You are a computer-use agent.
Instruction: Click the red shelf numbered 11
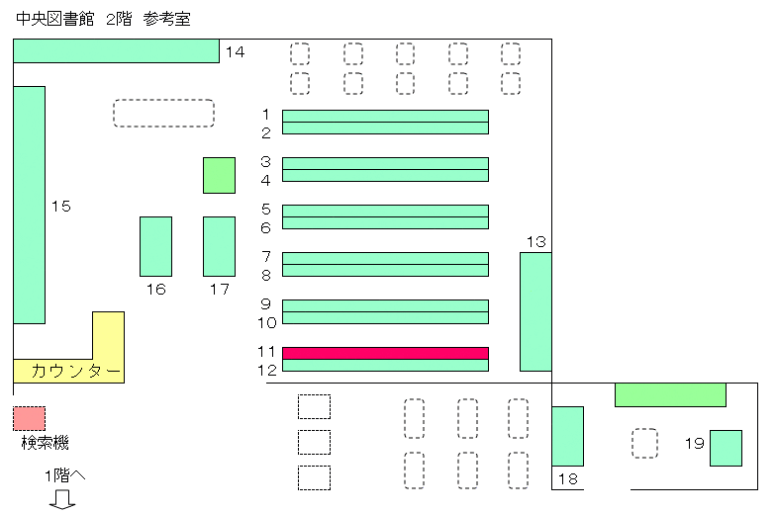click(x=385, y=353)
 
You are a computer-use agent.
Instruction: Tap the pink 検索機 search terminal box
click(x=30, y=418)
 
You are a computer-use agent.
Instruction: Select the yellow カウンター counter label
click(x=76, y=371)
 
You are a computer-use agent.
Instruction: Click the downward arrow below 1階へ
click(x=62, y=499)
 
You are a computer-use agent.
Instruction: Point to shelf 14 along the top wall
click(x=116, y=51)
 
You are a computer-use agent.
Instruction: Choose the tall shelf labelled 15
click(x=30, y=205)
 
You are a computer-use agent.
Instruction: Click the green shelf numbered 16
click(x=155, y=246)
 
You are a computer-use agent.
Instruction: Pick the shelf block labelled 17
click(x=219, y=246)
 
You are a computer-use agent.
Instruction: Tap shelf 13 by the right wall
click(x=535, y=311)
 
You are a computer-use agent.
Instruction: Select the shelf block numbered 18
click(x=567, y=436)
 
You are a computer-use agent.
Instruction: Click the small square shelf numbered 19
click(x=726, y=448)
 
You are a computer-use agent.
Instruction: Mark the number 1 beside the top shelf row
click(x=266, y=115)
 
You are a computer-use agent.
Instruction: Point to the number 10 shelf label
click(x=266, y=323)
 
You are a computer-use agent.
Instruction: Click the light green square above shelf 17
click(x=219, y=175)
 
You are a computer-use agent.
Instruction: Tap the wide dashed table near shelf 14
click(x=163, y=114)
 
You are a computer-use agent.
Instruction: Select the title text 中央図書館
click(x=55, y=19)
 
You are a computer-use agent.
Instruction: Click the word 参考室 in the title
click(x=166, y=19)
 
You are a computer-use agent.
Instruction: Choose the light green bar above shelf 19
click(x=670, y=394)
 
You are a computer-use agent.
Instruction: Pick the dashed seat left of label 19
click(x=644, y=443)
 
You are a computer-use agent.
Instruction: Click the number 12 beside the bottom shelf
click(x=266, y=371)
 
